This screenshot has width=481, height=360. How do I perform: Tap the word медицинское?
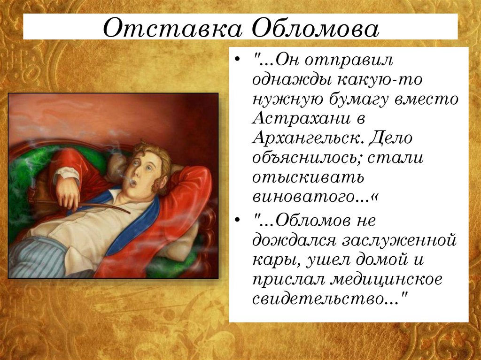click(x=387, y=279)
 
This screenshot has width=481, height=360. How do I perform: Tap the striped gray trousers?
click(x=35, y=257)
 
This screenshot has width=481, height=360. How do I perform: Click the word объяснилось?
click(x=306, y=158)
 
